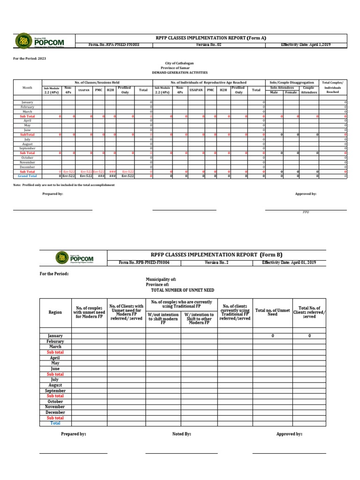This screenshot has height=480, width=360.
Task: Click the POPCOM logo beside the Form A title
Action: [40, 41]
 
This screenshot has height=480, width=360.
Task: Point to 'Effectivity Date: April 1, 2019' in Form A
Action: [306, 45]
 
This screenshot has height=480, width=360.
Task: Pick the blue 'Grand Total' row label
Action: [27, 176]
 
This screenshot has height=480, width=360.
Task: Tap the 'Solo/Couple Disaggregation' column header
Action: [292, 82]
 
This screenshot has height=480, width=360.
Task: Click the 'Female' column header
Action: [291, 92]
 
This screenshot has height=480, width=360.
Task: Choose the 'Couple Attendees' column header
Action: [308, 90]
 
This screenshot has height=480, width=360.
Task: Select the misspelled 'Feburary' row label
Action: [55, 341]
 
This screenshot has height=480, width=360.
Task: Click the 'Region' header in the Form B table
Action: [55, 312]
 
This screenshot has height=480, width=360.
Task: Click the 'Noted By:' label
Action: [181, 434]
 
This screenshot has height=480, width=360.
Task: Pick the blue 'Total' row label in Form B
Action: [55, 423]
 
